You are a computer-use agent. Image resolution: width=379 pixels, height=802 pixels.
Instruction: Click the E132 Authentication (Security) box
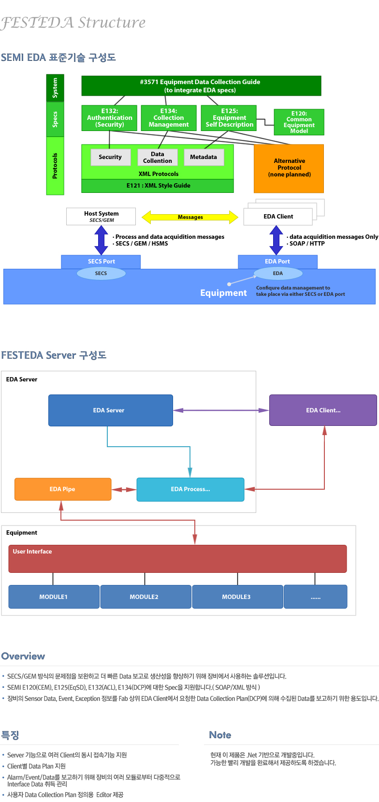click(109, 118)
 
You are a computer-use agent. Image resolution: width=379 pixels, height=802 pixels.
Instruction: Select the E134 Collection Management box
click(168, 118)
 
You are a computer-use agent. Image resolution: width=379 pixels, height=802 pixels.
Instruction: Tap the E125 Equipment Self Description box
click(229, 118)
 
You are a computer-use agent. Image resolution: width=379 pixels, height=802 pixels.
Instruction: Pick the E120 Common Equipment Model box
click(299, 122)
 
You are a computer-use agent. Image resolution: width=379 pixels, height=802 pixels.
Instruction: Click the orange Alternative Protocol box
click(289, 168)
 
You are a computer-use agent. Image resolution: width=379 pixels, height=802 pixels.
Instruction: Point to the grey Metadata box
click(203, 157)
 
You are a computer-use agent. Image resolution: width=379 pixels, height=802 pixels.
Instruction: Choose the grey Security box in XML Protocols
click(110, 157)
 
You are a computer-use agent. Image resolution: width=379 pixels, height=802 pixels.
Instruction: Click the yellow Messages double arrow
click(190, 217)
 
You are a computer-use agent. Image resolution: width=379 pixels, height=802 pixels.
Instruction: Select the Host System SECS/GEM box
click(101, 217)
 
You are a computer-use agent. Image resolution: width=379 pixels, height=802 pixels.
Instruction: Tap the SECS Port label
click(101, 262)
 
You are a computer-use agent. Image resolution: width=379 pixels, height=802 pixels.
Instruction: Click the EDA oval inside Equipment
click(278, 274)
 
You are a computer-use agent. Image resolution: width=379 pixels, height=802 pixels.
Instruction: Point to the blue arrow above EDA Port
click(276, 240)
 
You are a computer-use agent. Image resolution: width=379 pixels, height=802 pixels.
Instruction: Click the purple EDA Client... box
click(323, 410)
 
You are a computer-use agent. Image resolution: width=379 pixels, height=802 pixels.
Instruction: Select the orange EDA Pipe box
click(63, 489)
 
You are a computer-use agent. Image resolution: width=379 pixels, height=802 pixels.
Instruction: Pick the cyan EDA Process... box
click(190, 489)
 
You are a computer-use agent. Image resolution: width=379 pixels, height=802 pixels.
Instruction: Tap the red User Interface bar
click(177, 559)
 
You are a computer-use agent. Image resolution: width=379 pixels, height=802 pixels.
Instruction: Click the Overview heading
click(23, 656)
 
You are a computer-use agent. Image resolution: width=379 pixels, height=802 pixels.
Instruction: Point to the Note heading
click(220, 735)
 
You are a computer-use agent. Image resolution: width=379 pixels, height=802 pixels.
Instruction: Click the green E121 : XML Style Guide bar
click(158, 186)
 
